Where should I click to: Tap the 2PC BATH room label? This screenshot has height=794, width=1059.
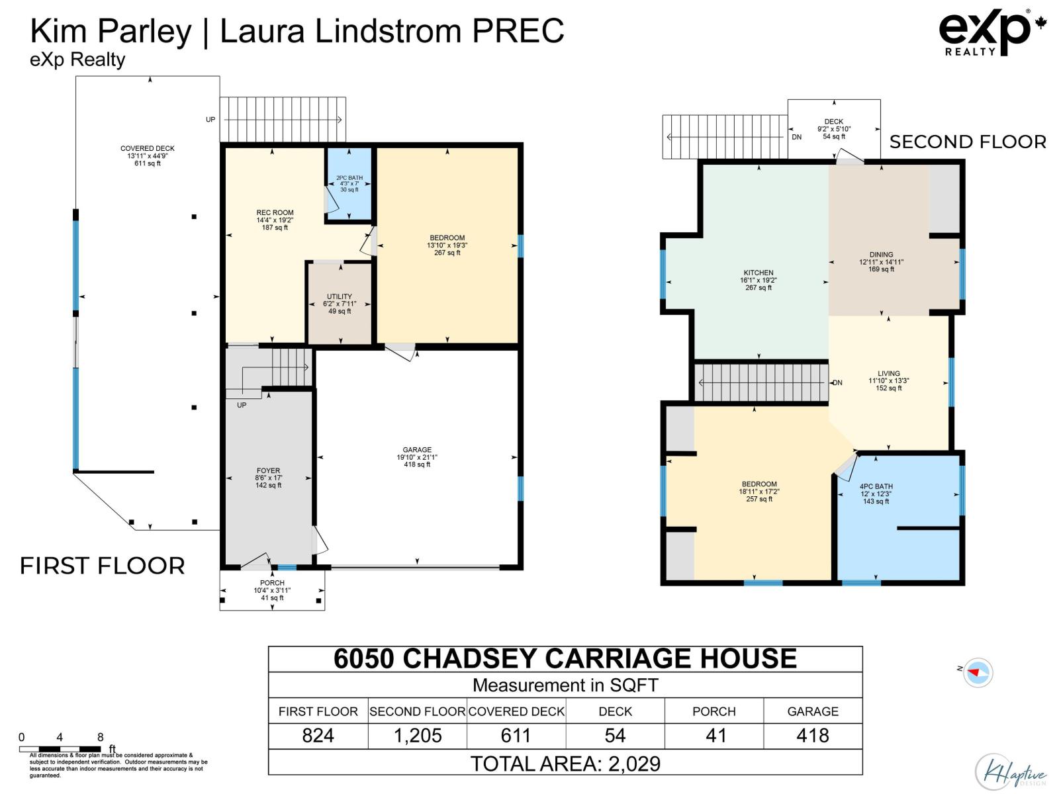click(x=349, y=183)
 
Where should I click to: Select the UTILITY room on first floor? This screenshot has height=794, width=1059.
click(x=340, y=304)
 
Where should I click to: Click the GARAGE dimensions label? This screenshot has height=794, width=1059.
click(x=417, y=457)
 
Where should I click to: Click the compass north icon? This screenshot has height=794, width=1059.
click(x=977, y=672)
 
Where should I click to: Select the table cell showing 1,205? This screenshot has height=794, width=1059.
click(x=418, y=736)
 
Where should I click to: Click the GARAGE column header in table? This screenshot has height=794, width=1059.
click(x=813, y=711)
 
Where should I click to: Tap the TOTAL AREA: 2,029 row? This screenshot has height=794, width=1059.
click(x=565, y=764)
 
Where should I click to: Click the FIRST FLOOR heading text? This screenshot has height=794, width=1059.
click(x=103, y=566)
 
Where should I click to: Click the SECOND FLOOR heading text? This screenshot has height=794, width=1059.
click(x=968, y=142)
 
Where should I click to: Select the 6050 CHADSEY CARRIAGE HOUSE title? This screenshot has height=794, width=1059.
click(x=565, y=659)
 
